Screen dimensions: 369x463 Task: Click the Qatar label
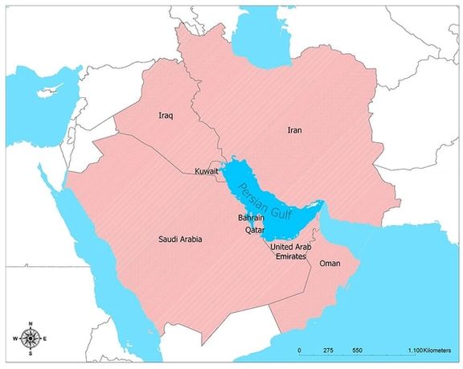click(x=255, y=229)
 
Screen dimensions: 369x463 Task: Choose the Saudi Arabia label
click(x=179, y=240)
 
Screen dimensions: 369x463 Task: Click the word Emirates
click(x=290, y=256)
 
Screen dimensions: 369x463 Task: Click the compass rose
click(x=31, y=338)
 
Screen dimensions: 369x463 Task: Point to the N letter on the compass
click(x=31, y=324)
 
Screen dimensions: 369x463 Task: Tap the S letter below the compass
click(x=31, y=354)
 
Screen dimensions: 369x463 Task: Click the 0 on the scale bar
click(x=299, y=351)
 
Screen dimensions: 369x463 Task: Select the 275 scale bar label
click(x=328, y=351)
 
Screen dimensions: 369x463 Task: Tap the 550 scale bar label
click(x=358, y=351)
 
